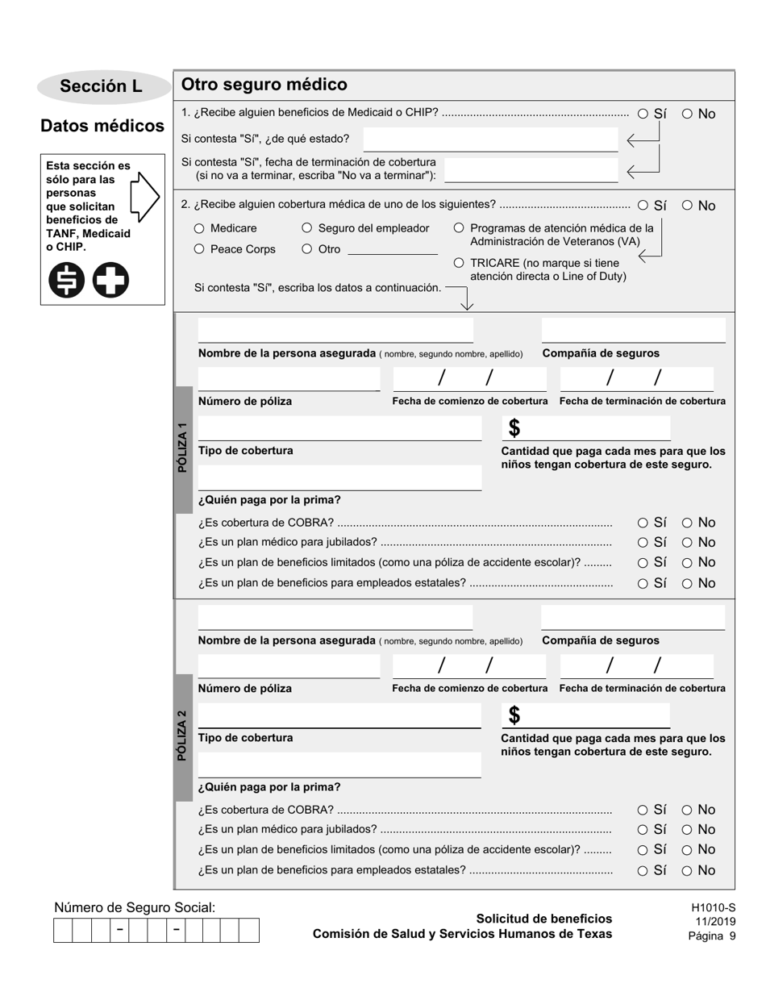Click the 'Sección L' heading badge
click(102, 87)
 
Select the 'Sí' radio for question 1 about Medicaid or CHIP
click(643, 114)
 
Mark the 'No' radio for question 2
click(688, 206)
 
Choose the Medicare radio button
click(200, 228)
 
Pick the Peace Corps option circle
click(200, 249)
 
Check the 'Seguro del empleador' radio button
click(307, 228)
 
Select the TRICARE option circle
click(460, 263)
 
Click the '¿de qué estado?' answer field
click(490, 140)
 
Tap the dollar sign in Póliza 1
click(514, 427)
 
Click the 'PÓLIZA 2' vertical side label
click(183, 736)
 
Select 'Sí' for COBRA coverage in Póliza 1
click(643, 523)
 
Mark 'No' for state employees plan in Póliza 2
click(688, 870)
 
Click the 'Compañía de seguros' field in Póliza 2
click(633, 618)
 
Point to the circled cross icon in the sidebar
click(110, 281)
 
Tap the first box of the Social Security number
click(63, 930)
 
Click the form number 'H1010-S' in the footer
click(713, 907)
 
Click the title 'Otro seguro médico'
click(264, 85)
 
